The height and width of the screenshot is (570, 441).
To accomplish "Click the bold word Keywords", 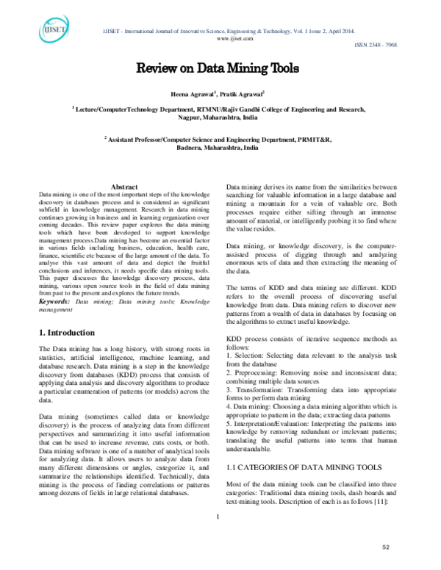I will click(53, 300).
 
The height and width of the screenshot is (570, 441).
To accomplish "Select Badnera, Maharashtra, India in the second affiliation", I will click(218, 147).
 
